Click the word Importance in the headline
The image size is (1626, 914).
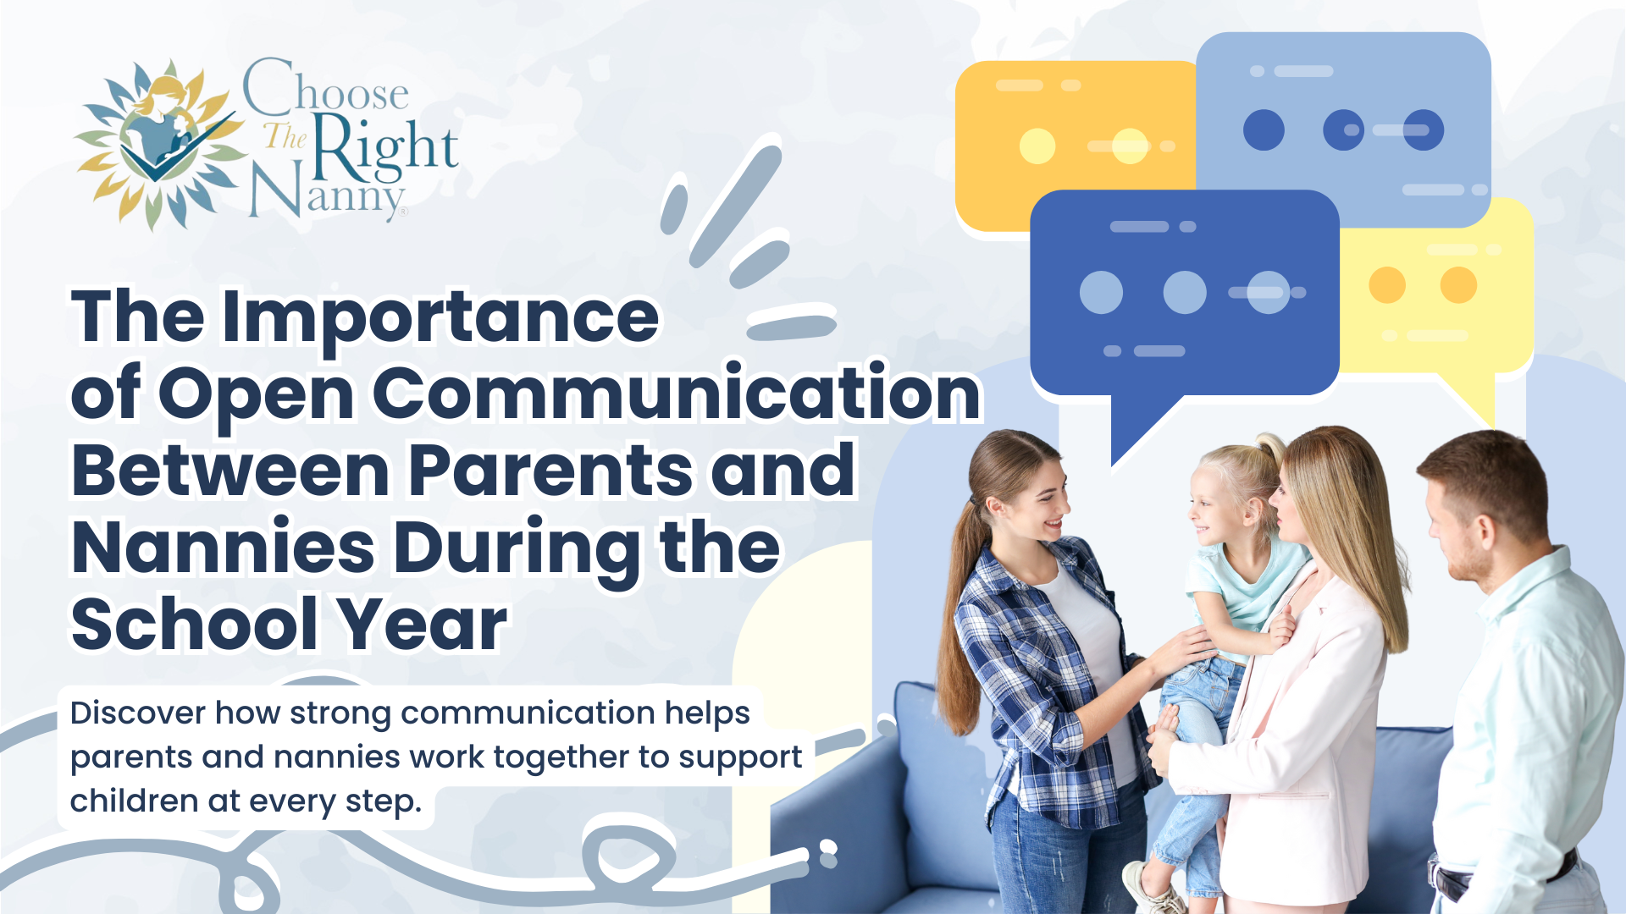(x=440, y=318)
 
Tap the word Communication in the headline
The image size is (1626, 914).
(x=677, y=394)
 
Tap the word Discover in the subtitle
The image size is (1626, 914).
(x=138, y=713)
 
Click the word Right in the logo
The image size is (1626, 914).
(x=385, y=148)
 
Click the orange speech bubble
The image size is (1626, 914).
(x=1076, y=144)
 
